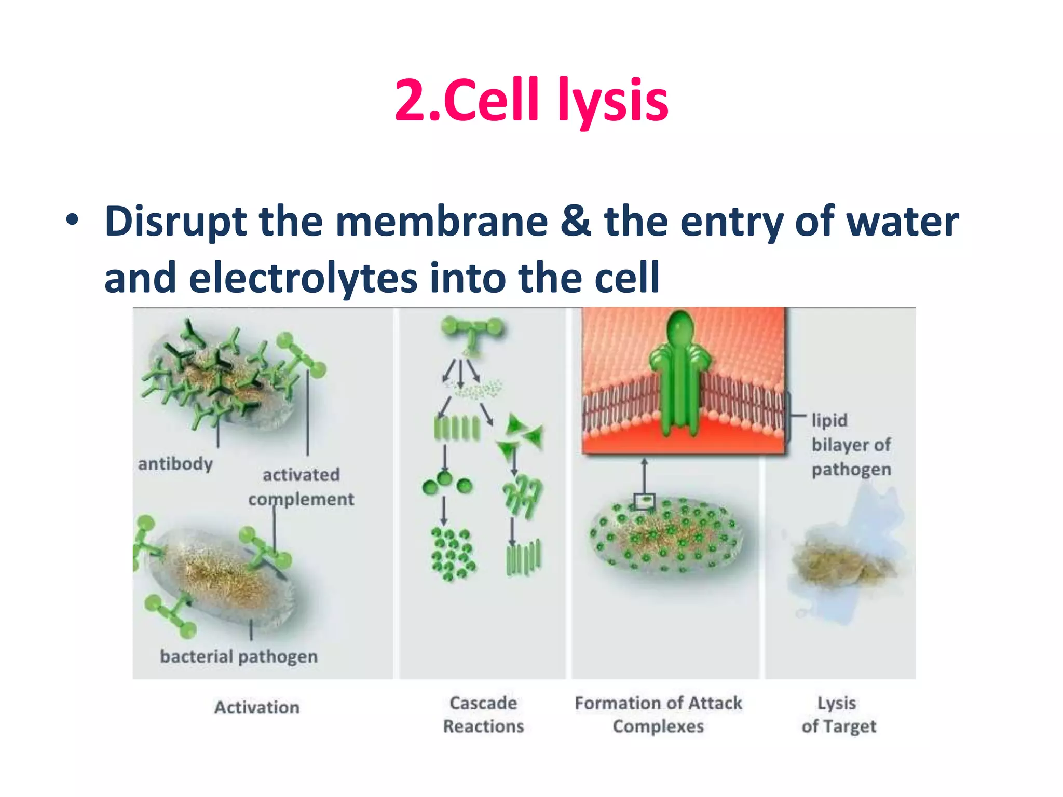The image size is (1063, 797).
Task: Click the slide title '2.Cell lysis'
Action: point(531,100)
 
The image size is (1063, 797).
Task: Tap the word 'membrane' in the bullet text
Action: point(441,222)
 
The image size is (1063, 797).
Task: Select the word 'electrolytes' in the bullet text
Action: point(302,278)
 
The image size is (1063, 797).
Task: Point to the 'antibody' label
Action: point(175,463)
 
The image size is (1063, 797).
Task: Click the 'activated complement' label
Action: point(301,487)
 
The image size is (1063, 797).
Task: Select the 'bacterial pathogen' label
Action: point(239,656)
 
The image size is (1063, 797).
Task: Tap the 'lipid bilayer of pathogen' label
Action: point(851,445)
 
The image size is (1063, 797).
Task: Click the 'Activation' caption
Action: point(257,707)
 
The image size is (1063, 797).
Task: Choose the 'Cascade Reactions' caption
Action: point(483,714)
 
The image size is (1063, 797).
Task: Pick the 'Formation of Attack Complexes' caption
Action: point(658,714)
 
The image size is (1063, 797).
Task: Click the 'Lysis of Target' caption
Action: point(838,714)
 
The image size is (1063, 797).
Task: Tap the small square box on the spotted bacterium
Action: point(645,501)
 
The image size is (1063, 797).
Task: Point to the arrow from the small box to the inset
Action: point(644,475)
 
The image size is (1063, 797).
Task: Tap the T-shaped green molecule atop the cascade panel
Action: point(471,332)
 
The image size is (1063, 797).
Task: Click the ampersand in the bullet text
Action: point(576,222)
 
